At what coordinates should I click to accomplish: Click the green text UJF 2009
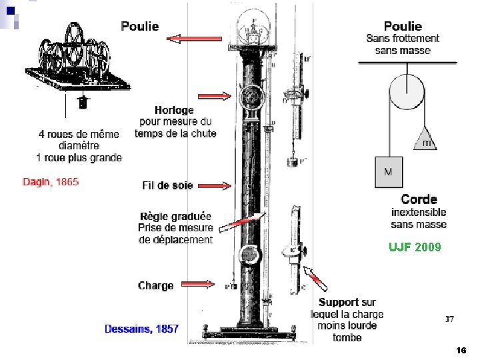coord(415,247)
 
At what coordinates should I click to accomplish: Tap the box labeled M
coord(388,172)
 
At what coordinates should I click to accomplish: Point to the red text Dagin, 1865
coord(51,181)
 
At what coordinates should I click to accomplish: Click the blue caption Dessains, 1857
coord(142,329)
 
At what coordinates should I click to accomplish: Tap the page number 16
coord(461,350)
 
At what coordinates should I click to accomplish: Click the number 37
coord(450,319)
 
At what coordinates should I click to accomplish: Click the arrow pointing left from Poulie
coord(185,39)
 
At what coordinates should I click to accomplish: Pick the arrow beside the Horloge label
coord(219,97)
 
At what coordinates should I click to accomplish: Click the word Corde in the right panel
coord(419,199)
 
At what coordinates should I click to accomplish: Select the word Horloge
coord(174,110)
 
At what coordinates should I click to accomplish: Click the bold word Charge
coord(155,285)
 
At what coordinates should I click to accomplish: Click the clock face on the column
coord(250,97)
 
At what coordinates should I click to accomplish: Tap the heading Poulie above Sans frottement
coord(403,26)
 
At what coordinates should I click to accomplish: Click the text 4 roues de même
coord(79,134)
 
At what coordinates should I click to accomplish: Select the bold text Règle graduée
coord(176,217)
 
